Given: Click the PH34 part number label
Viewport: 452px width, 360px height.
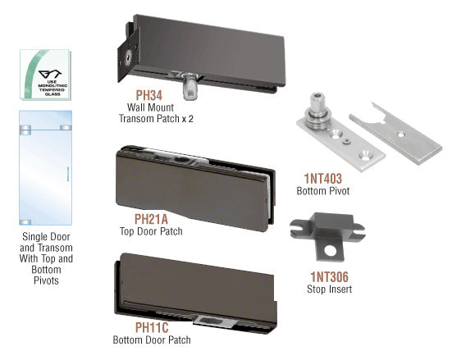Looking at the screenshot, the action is [149, 95].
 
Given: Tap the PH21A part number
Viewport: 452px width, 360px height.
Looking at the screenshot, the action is [151, 219].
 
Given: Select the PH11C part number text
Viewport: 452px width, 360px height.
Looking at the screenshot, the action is [152, 327].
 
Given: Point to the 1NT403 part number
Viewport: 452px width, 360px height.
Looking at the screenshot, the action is [323, 179].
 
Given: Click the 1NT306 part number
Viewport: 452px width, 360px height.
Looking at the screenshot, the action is [330, 276].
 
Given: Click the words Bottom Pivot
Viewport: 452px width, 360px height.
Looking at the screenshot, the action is [323, 191].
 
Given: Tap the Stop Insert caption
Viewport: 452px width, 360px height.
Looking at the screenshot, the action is [330, 289].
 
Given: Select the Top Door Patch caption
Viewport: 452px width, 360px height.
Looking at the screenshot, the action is [151, 231].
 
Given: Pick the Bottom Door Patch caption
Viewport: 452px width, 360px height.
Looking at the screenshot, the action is [152, 339].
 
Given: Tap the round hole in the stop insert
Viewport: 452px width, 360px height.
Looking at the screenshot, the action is [331, 250].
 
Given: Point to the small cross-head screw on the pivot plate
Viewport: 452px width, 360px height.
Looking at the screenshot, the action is [346, 141].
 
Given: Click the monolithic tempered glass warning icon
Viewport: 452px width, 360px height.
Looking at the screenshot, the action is [45, 75].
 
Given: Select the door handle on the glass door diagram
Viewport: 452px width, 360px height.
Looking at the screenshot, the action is [68, 174].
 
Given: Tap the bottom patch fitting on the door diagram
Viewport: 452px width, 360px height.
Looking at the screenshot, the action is [25, 222].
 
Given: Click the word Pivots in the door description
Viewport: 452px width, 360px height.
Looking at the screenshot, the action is [46, 280].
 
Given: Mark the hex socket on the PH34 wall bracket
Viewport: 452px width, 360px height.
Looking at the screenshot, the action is [128, 57].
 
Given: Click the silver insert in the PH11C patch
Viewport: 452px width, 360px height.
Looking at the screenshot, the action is [208, 321].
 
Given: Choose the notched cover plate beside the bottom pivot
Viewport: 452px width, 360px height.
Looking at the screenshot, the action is [395, 134].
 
